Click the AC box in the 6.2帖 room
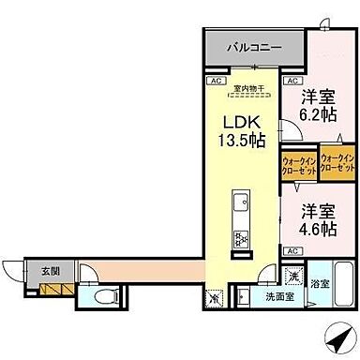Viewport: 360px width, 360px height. point(293,82)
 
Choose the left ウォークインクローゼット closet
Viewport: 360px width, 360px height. point(298,166)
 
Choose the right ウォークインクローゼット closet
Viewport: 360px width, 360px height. point(337,161)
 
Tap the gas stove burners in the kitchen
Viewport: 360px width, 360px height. point(239,237)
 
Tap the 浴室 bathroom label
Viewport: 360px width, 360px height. point(320,283)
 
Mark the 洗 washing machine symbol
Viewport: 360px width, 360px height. point(293,277)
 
